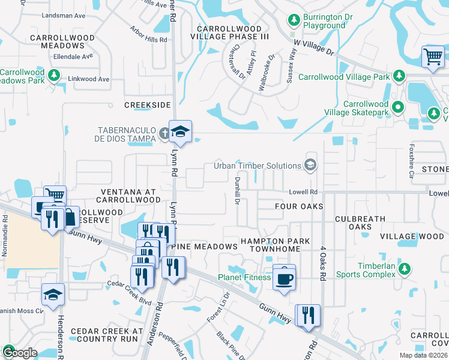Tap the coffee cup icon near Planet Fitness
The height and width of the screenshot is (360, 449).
[x=284, y=277]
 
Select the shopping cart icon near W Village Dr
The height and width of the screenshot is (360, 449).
[x=432, y=58]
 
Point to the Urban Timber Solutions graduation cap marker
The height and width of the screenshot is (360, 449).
[x=310, y=165]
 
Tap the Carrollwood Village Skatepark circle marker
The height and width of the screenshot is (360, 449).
[x=397, y=107]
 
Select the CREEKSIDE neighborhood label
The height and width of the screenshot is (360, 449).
[x=148, y=105]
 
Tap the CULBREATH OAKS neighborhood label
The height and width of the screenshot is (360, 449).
[x=358, y=223]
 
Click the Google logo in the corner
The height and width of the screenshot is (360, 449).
[x=20, y=352]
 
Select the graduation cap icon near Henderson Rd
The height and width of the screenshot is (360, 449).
[x=53, y=295]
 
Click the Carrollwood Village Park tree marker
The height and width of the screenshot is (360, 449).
[x=397, y=76]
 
